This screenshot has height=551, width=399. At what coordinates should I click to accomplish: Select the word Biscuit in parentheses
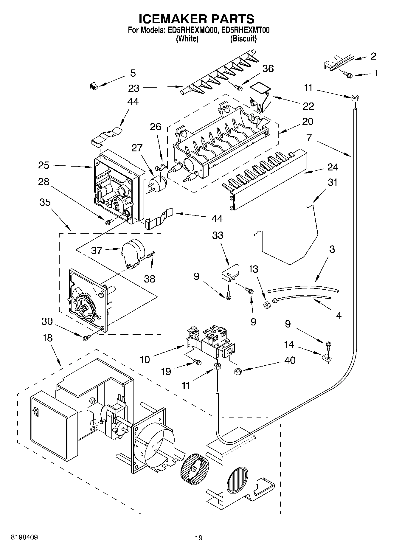coord(243,38)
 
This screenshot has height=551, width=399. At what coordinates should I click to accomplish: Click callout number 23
coord(134,88)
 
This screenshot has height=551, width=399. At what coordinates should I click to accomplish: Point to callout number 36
coord(268,69)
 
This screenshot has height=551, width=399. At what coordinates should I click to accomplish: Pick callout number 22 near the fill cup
coord(309,106)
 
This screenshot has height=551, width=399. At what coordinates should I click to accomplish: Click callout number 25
coord(44,165)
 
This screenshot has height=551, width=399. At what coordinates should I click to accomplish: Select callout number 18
coord(47,338)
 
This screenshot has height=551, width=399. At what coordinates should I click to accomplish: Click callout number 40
coord(290,360)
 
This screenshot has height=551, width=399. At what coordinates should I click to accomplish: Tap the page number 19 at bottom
coord(198,538)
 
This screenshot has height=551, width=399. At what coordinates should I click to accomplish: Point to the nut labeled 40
coord(238,371)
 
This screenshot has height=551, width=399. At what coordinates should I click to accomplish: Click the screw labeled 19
coord(198,362)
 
